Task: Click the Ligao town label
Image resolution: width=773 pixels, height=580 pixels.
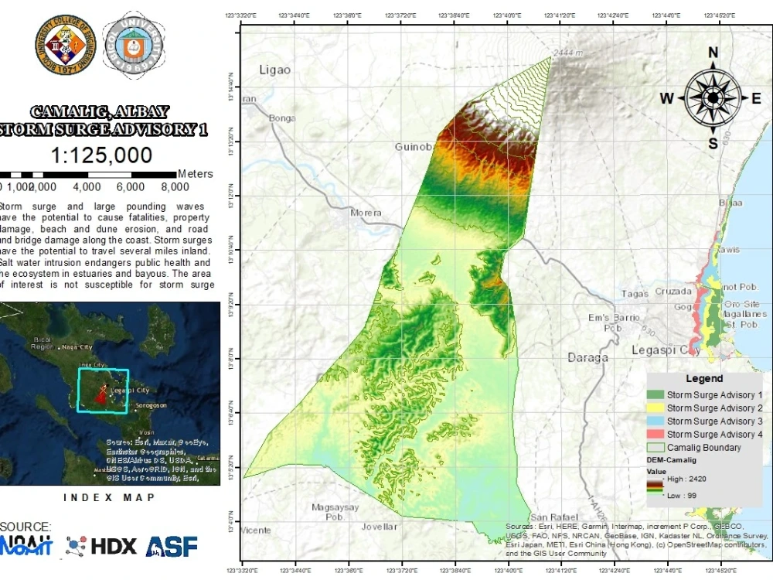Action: tap(275, 70)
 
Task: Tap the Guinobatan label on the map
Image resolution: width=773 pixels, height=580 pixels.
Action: tap(411, 147)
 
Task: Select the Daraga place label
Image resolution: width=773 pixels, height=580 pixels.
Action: tap(588, 357)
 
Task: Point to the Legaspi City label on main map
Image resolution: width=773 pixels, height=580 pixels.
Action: tap(666, 350)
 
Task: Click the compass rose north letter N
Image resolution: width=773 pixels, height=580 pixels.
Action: tap(713, 53)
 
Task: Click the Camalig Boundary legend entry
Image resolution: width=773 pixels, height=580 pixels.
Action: tap(703, 448)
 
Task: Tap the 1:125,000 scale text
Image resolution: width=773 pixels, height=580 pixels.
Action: tap(101, 155)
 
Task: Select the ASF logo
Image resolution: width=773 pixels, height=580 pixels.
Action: tap(171, 546)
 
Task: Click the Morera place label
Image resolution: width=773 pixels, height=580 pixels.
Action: tap(366, 213)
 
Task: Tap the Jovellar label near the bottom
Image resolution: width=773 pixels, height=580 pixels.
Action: tap(379, 527)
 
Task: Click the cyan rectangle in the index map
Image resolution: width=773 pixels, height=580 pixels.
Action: tap(103, 391)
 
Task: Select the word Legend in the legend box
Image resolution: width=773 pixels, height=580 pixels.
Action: tap(704, 379)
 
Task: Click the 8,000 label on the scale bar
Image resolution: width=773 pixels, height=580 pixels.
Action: tap(175, 187)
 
